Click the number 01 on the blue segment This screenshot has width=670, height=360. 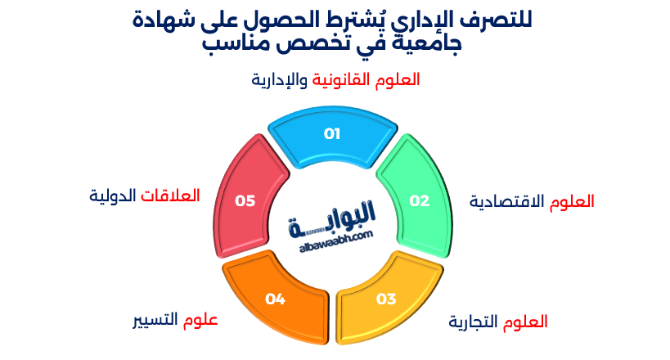click(332, 134)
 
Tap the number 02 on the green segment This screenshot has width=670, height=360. click(419, 200)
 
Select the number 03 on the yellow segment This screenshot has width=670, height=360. click(386, 298)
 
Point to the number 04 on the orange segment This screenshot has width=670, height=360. click(275, 299)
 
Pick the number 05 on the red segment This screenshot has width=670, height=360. click(245, 200)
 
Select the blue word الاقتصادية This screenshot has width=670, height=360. click(507, 202)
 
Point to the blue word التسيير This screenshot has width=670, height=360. click(156, 320)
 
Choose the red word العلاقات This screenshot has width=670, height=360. click(171, 196)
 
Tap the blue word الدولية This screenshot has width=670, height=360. click(114, 196)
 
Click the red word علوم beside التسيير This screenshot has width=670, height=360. click(200, 320)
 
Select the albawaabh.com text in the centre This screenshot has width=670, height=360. click(331, 235)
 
